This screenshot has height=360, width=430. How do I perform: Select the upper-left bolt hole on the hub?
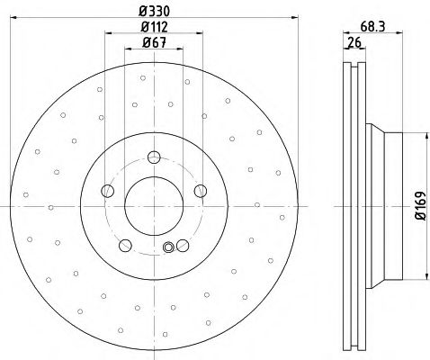108,190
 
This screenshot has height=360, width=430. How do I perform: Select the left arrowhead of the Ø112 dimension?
108,34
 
